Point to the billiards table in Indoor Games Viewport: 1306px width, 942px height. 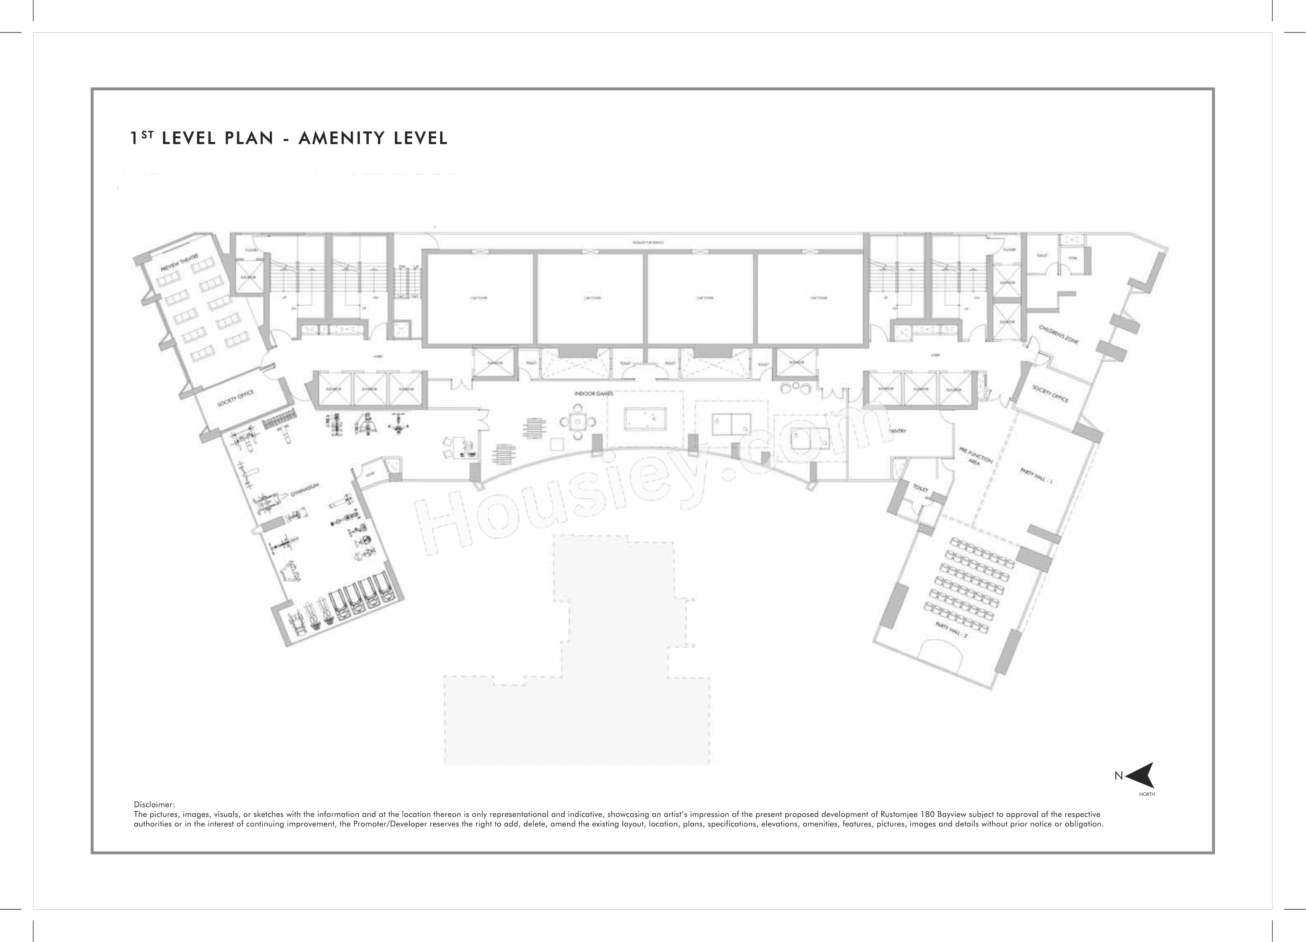click(645, 419)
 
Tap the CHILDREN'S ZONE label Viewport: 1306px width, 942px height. click(1059, 335)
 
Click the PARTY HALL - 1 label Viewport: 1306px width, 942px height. click(1036, 477)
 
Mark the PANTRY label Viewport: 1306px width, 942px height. click(898, 431)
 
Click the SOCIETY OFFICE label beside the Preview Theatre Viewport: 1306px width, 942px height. click(235, 399)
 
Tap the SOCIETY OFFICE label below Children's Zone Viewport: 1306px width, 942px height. click(1050, 394)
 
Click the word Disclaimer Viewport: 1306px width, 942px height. click(154, 804)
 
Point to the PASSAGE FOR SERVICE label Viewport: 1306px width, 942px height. click(648, 242)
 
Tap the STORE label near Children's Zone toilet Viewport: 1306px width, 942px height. click(1072, 259)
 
